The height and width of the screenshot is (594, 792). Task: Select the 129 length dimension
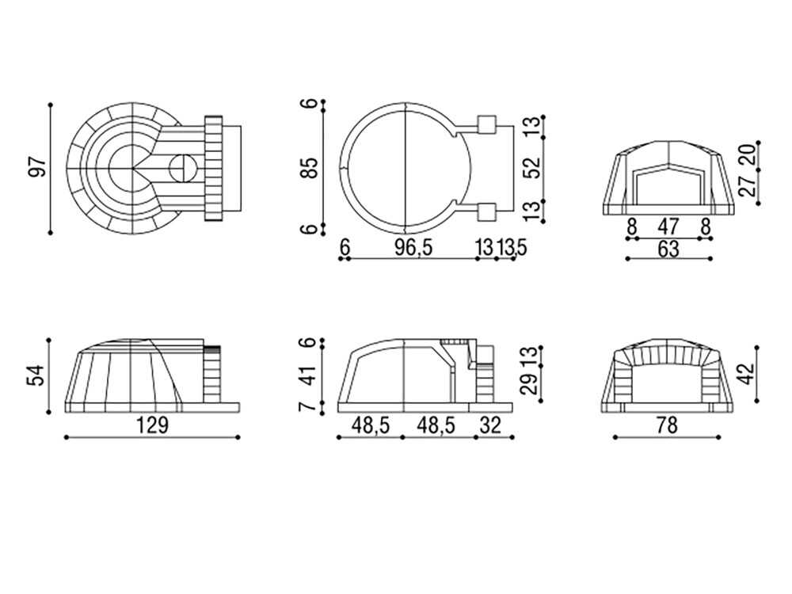[152, 425]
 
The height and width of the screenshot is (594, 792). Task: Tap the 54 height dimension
[37, 375]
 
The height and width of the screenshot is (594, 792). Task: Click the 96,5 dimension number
[413, 247]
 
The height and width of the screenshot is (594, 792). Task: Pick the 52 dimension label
[532, 168]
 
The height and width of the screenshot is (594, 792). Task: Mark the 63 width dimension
[668, 249]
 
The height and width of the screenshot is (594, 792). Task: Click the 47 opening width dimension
[668, 227]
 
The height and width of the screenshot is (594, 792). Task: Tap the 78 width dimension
[667, 425]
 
